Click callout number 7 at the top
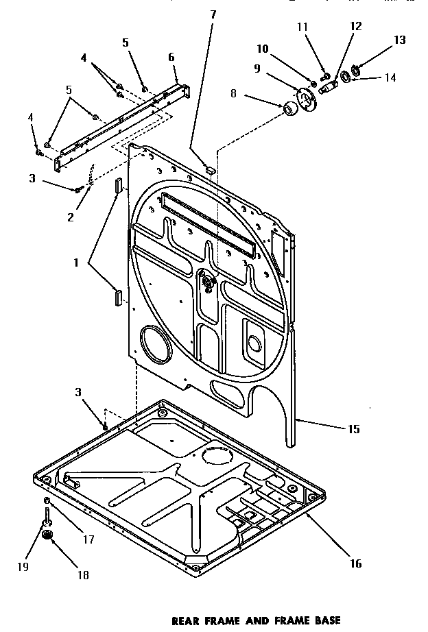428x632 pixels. (x=213, y=14)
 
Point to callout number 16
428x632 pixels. (x=355, y=563)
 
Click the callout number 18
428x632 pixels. (x=83, y=575)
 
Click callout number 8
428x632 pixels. (x=233, y=94)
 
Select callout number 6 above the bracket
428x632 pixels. (x=171, y=57)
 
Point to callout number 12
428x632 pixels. (x=355, y=26)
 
